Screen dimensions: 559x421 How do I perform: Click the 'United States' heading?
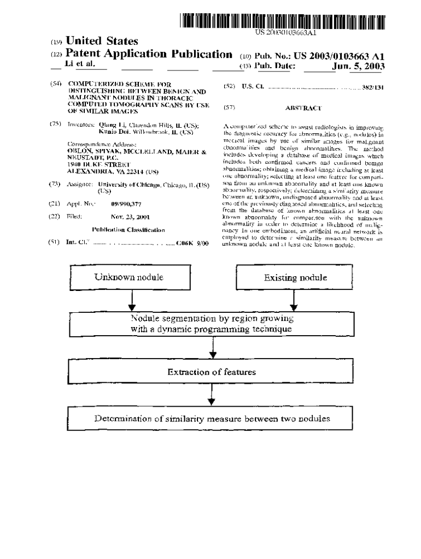coord(102,41)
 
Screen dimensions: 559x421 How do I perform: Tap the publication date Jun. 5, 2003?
coord(358,67)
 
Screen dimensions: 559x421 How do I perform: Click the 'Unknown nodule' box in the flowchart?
coord(129,277)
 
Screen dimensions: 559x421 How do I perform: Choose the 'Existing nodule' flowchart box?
coord(295,277)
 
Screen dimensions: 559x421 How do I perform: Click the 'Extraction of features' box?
coord(212,372)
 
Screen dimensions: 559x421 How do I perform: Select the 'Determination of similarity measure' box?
coord(212,419)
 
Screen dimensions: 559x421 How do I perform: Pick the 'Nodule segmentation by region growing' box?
coord(212,324)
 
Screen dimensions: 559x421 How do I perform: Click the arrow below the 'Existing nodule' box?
coord(294,300)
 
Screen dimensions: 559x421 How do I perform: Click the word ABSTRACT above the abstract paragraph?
coord(303,109)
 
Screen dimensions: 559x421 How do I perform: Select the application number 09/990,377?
coord(126,204)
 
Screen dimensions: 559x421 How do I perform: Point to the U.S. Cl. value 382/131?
coord(373,87)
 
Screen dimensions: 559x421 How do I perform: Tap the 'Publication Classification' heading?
coord(128,230)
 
